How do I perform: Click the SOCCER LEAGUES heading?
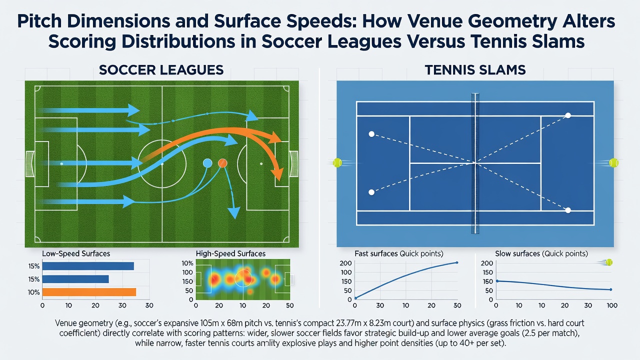(161, 70)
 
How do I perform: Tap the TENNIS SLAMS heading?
(475, 70)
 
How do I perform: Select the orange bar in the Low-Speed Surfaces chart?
(89, 292)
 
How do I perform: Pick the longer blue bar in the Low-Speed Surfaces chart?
(88, 266)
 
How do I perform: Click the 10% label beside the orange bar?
(33, 292)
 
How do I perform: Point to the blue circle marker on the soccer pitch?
(207, 163)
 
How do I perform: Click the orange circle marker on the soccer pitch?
(222, 163)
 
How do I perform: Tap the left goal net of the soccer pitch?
(29, 163)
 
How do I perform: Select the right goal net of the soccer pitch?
(294, 163)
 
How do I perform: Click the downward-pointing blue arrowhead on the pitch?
(234, 213)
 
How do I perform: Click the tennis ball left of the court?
(337, 163)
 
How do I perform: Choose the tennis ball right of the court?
(613, 163)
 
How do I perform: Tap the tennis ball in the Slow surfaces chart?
(609, 262)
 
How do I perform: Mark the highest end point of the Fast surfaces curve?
(457, 262)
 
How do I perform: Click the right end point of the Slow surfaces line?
(611, 289)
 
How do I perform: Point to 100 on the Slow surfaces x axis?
(611, 305)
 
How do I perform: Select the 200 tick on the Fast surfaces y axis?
(345, 263)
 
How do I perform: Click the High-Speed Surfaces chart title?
(230, 253)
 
